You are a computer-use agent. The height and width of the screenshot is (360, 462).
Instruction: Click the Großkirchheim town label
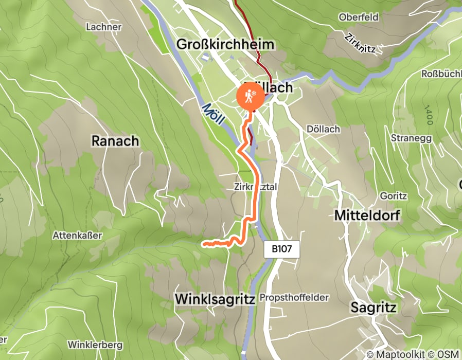coord(225,44)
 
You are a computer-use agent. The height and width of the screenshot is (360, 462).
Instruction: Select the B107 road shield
coord(281,249)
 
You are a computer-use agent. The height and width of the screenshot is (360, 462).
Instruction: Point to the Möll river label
coord(213,114)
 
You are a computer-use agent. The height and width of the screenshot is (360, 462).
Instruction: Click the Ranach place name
coord(115,140)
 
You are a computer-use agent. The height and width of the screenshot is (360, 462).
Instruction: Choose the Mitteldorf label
coord(368,215)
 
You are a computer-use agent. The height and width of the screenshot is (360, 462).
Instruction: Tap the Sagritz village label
coord(374,308)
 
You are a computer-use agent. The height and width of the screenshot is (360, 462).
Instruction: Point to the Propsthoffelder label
coord(294,298)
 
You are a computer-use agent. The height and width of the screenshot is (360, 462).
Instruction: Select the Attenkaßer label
coord(78,235)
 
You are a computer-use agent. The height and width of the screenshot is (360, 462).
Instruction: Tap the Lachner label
coord(104,27)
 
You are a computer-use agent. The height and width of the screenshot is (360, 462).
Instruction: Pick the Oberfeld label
coord(359,17)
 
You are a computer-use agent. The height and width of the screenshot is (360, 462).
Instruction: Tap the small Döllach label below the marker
coord(323,129)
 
